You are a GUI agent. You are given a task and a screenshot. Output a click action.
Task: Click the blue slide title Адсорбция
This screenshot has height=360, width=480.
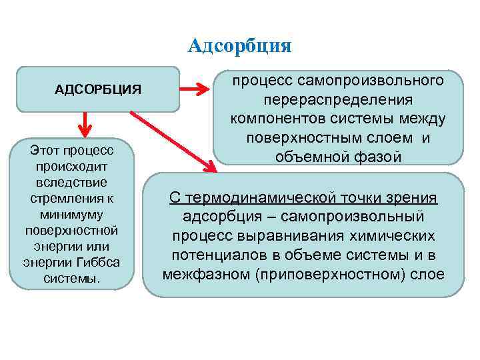240,45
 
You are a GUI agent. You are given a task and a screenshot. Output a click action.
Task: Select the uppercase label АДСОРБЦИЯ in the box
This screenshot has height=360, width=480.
98,89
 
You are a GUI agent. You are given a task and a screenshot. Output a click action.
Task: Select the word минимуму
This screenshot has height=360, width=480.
80,214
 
